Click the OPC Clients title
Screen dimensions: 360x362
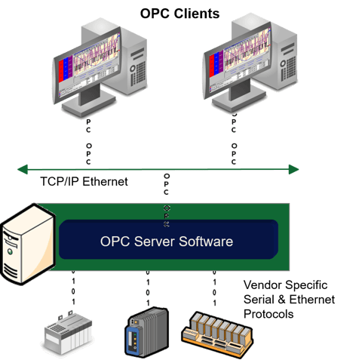point(181,13)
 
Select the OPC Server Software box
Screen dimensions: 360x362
point(167,242)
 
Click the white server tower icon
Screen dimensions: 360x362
point(27,245)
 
